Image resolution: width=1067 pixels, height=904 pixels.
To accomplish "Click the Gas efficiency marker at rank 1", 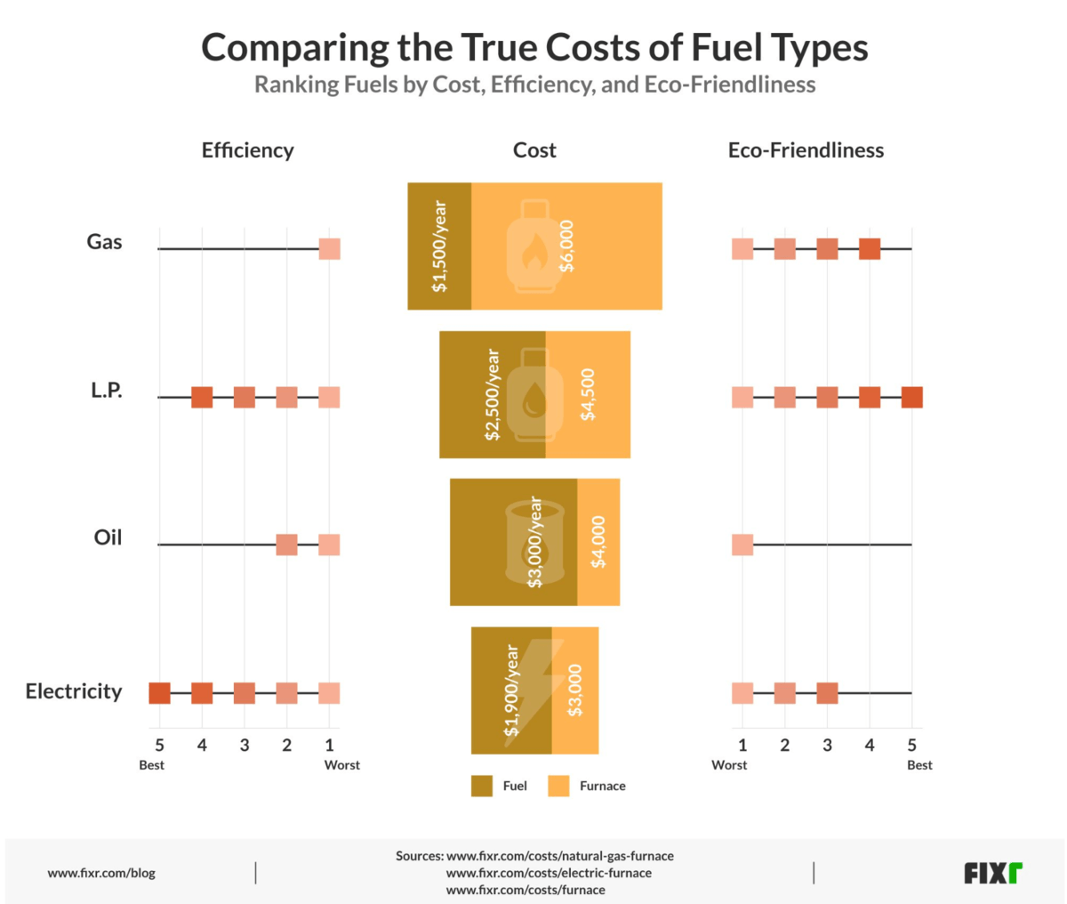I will (329, 249).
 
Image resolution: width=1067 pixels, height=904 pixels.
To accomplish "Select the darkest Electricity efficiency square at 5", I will (159, 693).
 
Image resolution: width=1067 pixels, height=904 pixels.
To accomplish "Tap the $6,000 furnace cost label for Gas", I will (566, 246).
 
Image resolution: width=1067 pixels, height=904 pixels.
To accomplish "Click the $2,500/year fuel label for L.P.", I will (492, 394).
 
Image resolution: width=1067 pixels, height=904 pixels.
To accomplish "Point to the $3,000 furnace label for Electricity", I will (575, 690).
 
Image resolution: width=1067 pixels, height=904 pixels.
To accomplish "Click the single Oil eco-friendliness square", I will (742, 545).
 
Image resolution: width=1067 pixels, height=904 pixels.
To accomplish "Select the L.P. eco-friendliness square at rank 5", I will (911, 397).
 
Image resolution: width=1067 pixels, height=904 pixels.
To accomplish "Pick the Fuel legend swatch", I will (482, 786).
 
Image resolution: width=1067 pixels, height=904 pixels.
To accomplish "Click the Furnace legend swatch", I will (558, 786).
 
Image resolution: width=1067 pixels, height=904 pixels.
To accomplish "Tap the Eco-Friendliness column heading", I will (806, 150).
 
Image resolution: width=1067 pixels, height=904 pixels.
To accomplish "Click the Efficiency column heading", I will (247, 150).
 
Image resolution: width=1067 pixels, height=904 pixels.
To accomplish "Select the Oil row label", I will (108, 537).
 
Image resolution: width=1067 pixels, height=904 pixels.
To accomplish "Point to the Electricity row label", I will (74, 691).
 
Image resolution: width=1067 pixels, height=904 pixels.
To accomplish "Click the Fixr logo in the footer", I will (993, 873).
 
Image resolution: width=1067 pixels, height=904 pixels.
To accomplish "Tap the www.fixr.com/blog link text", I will (101, 873).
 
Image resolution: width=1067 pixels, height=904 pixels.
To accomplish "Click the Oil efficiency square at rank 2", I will (286, 545).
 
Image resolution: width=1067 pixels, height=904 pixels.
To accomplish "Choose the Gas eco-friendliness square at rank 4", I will (870, 249).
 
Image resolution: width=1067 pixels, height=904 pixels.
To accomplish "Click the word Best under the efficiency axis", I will (152, 765).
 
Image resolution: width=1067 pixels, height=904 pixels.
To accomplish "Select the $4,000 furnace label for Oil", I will (598, 542).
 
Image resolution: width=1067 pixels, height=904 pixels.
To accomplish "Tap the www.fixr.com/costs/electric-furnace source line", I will (549, 873).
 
